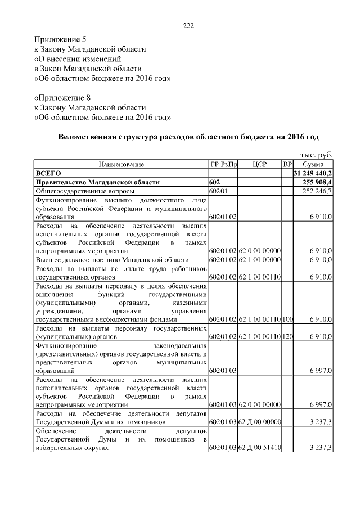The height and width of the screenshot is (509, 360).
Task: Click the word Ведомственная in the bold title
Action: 88,137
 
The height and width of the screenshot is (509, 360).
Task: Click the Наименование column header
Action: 121,164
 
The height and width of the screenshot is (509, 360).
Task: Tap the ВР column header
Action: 287,164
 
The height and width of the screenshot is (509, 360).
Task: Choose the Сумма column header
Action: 313,164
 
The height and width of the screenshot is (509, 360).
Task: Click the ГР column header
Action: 214,164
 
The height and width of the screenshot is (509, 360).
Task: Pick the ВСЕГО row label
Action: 48,173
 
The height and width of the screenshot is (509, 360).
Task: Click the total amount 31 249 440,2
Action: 313,173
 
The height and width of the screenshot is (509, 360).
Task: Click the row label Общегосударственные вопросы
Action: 82,191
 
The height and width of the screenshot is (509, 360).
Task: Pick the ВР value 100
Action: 287,319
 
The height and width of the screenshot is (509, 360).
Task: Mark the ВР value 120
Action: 287,337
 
